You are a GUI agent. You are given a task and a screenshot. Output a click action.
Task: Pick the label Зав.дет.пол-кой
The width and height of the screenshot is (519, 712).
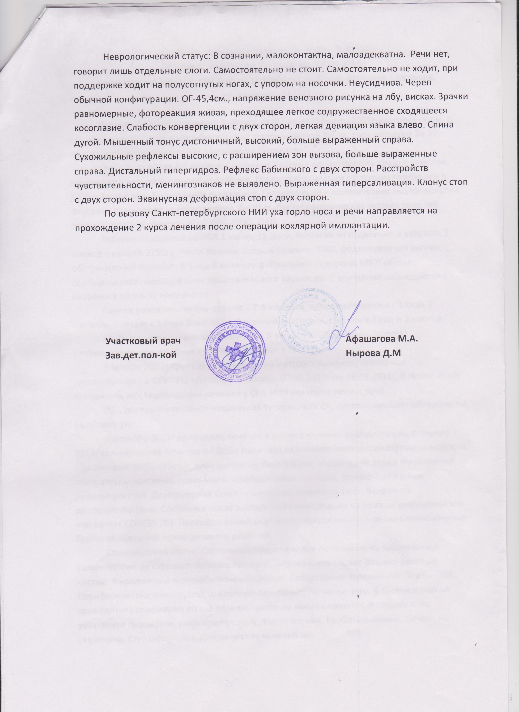[140, 355]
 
